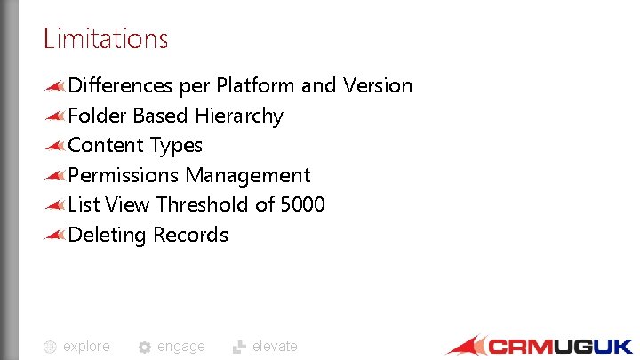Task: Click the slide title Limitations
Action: tap(105, 39)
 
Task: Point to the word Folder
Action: tap(98, 116)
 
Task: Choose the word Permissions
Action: tap(124, 176)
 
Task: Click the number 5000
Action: tap(303, 205)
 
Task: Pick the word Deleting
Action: tap(107, 236)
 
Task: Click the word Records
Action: tap(190, 236)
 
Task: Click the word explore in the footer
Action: tap(86, 347)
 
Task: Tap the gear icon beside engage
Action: tap(145, 348)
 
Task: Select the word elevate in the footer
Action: tap(275, 347)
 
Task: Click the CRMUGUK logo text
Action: tap(560, 346)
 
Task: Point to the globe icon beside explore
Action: tap(51, 348)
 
